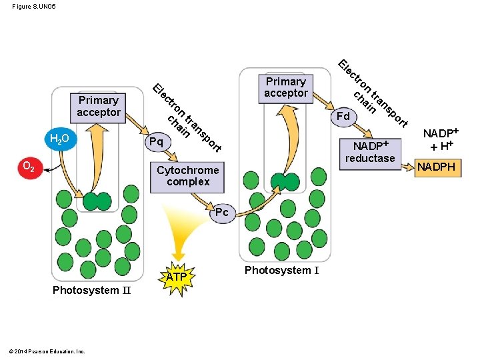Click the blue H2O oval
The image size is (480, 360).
(61, 139)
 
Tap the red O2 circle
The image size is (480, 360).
(30, 168)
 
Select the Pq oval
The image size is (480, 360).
(157, 142)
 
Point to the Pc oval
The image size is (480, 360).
(223, 213)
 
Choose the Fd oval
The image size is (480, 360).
(344, 117)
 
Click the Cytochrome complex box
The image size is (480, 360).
(187, 177)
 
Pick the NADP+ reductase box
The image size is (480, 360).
(370, 154)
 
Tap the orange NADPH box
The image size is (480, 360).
(438, 168)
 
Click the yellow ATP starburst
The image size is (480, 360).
(177, 278)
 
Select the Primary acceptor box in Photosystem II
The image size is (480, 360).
(98, 108)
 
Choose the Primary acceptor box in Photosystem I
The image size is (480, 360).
(286, 89)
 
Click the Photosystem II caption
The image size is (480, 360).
(91, 290)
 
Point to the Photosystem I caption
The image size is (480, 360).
(281, 271)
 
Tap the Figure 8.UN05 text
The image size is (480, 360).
(34, 7)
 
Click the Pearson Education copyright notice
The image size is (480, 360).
(47, 351)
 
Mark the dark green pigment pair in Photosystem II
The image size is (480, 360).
(97, 201)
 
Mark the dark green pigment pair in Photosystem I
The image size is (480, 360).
(285, 182)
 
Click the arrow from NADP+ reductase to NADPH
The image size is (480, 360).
(408, 167)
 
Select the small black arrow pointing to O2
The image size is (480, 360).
(52, 168)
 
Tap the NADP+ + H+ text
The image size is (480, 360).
(441, 140)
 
